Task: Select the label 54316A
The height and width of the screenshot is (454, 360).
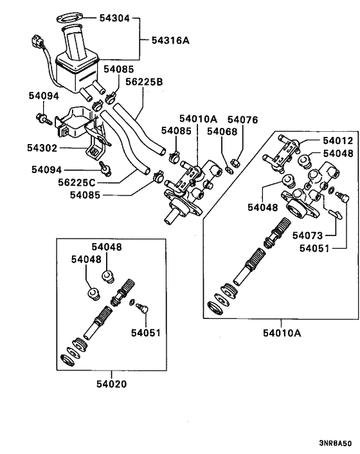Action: pyautogui.click(x=171, y=40)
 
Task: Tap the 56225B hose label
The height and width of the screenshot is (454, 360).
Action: pyautogui.click(x=145, y=82)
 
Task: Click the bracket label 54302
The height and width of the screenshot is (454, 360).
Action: pyautogui.click(x=42, y=148)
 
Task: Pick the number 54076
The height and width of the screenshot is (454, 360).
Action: pyautogui.click(x=242, y=120)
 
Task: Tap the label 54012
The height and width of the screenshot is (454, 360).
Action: pyautogui.click(x=337, y=141)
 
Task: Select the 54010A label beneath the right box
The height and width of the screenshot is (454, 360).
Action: pyautogui.click(x=281, y=332)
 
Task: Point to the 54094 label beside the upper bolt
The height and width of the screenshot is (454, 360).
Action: pyautogui.click(x=43, y=96)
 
